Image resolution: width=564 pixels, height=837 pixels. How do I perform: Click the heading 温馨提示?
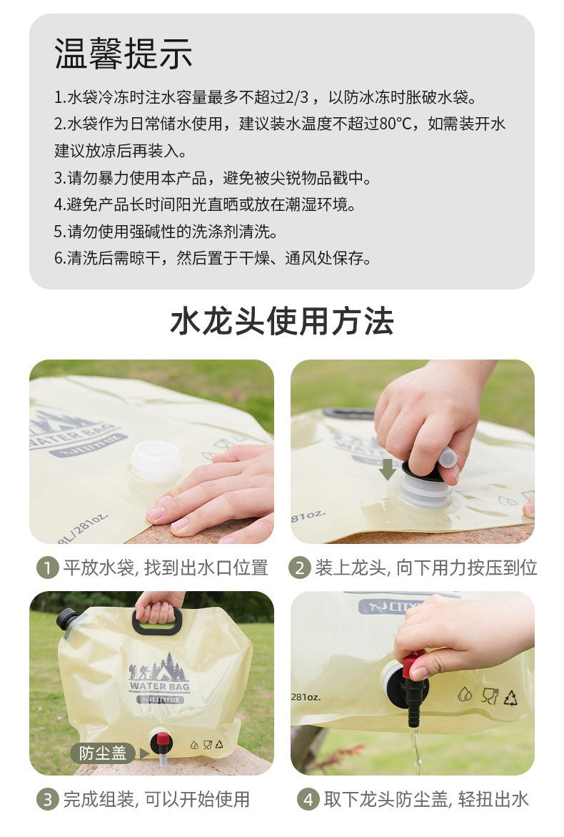(123, 54)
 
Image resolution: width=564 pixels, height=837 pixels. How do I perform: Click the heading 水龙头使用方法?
(282, 322)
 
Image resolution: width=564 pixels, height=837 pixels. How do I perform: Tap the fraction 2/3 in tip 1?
(297, 97)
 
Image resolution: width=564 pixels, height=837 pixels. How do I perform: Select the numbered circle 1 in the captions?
(47, 568)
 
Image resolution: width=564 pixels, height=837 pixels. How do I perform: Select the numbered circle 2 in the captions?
(299, 568)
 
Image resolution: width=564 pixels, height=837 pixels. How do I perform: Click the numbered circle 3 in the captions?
(47, 799)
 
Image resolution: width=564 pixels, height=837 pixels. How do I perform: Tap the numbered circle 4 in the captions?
(308, 799)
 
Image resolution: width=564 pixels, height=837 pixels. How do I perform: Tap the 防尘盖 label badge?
(103, 753)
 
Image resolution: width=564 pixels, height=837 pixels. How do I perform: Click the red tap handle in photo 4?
(410, 666)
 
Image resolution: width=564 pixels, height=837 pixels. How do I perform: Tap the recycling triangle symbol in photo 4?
(510, 697)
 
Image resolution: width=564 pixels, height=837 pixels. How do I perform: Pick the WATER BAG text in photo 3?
(159, 686)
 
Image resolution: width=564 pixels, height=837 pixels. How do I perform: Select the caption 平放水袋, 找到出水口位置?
(165, 568)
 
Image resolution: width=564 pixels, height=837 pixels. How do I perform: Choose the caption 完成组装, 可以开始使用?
(156, 799)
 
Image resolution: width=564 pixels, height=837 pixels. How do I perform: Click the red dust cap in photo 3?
(162, 740)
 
